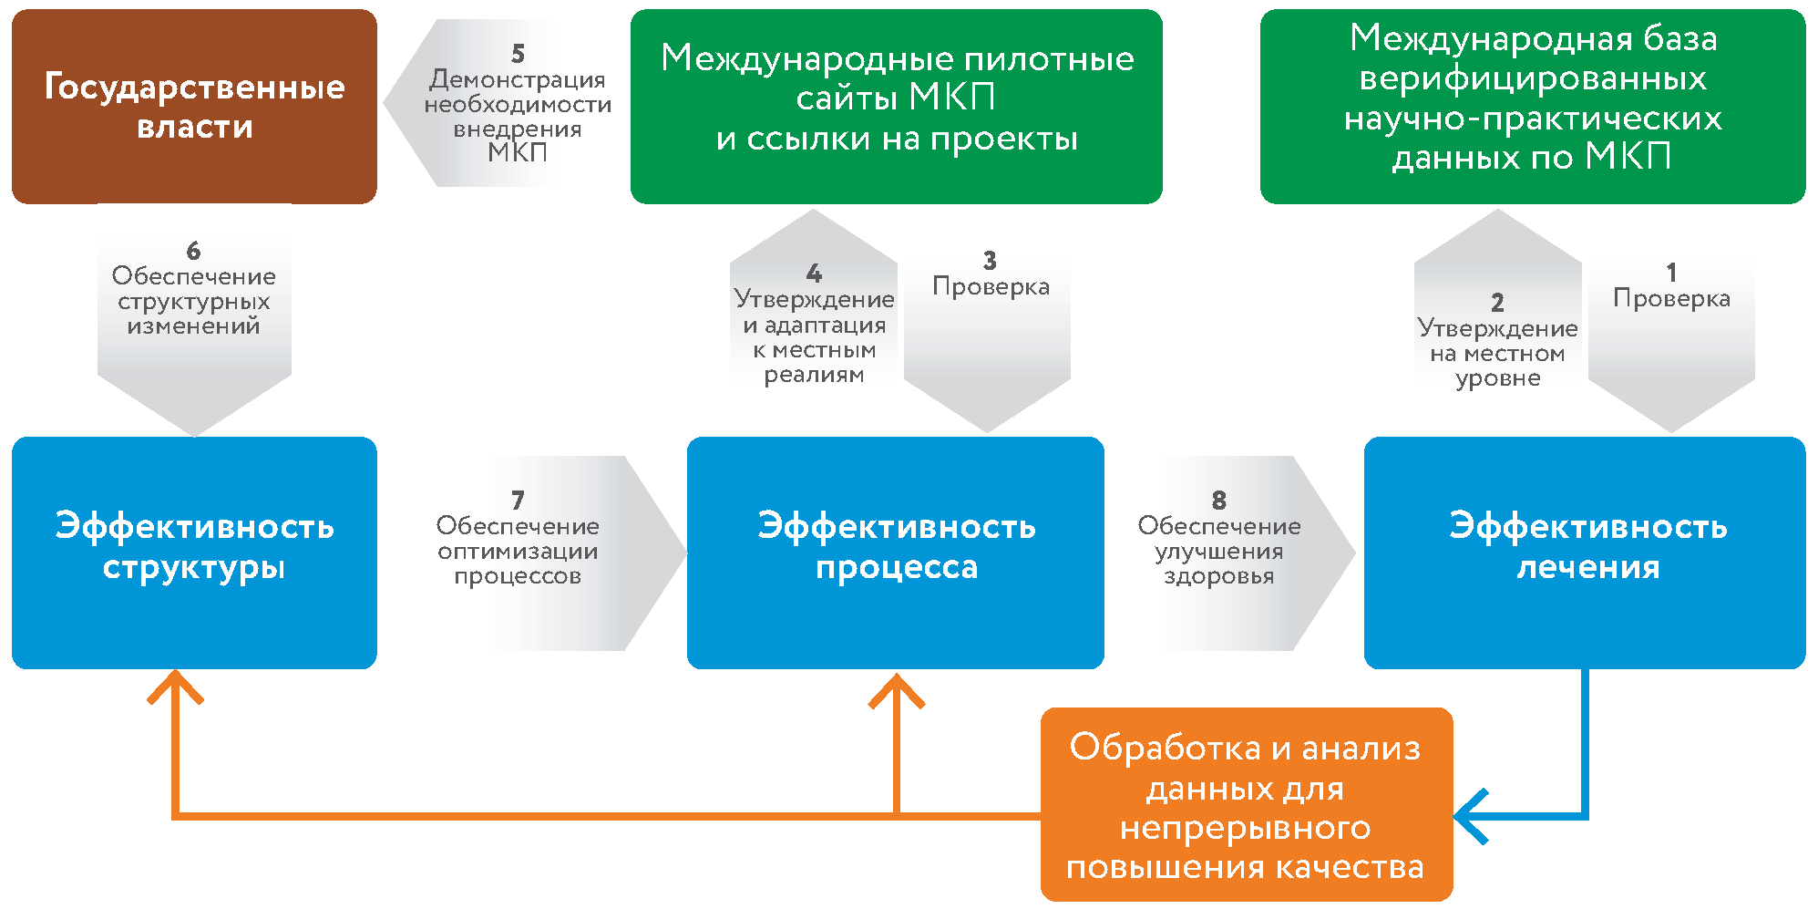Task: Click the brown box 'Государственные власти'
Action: pos(194,107)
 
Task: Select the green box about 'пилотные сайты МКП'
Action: pos(896,107)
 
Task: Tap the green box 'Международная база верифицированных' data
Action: pos(1532,107)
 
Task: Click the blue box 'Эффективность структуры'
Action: pos(194,553)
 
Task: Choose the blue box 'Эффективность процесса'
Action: pos(895,553)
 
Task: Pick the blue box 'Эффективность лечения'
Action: pos(1584,553)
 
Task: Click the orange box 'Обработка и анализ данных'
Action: pos(1246,805)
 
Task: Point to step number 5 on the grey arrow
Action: pos(518,55)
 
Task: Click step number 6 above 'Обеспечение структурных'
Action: pos(193,251)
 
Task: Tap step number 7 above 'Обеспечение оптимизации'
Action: pos(518,501)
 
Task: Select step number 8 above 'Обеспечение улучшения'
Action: pos(1218,501)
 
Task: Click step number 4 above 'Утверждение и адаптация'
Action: pos(814,274)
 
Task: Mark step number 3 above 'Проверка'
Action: pos(990,262)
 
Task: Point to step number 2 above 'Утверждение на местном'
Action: pos(1497,303)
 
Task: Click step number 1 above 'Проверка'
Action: pos(1671,273)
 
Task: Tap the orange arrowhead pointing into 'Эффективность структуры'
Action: pos(175,686)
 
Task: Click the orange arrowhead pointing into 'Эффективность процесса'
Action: pos(897,689)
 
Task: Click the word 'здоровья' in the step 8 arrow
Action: pos(1218,576)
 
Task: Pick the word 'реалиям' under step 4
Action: pos(814,375)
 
